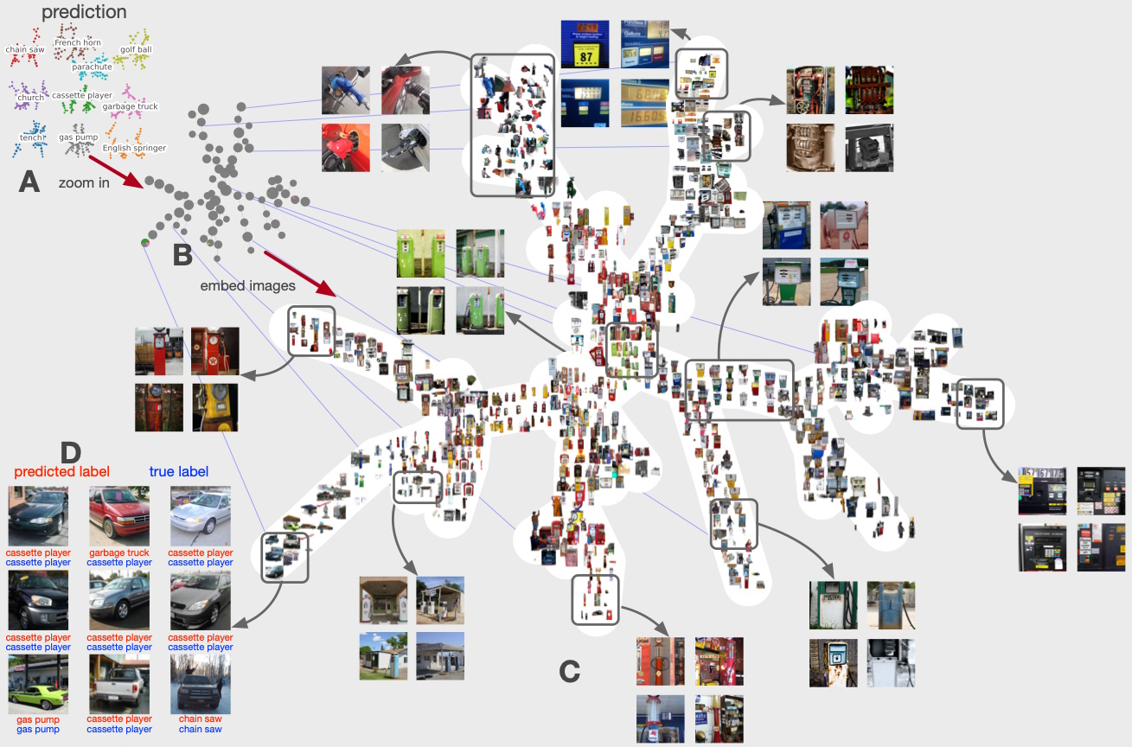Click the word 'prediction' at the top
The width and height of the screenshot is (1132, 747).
tap(84, 12)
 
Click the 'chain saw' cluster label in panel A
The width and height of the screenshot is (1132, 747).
tap(24, 50)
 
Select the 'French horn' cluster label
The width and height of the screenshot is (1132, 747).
tap(78, 42)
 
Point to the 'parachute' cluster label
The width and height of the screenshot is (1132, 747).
tap(92, 67)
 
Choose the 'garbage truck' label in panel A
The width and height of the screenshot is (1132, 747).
tap(131, 106)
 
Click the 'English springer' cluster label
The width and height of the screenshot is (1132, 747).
tap(134, 148)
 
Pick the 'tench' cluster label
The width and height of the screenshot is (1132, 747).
tap(31, 137)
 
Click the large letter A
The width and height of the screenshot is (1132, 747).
tap(29, 182)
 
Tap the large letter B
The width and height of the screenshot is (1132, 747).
tap(182, 255)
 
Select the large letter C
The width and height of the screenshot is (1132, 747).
tap(569, 671)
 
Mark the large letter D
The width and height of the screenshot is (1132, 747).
tap(71, 451)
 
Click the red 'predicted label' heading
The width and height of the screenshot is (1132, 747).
tap(61, 471)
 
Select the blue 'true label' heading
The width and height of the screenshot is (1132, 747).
tap(179, 471)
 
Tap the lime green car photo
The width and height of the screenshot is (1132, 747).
tap(38, 685)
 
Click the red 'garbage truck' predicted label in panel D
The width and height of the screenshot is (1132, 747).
tap(119, 552)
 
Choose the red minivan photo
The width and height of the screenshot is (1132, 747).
tap(119, 516)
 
